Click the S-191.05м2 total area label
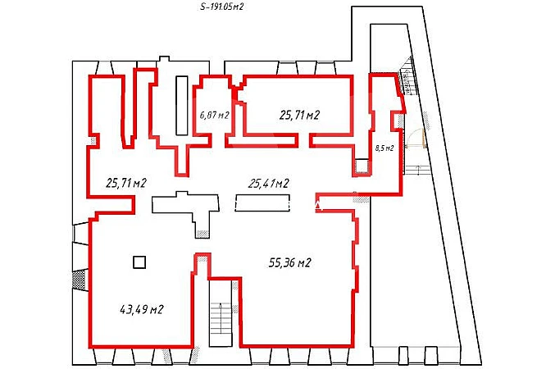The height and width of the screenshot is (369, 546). pyautogui.click(x=221, y=7)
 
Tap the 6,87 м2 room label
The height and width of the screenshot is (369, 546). pyautogui.click(x=215, y=115)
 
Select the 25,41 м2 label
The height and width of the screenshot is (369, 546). pyautogui.click(x=268, y=183)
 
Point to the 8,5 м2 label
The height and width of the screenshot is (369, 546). pyautogui.click(x=384, y=148)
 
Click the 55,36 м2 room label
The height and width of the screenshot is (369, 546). pyautogui.click(x=289, y=262)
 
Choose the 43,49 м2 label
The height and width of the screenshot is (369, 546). pyautogui.click(x=142, y=309)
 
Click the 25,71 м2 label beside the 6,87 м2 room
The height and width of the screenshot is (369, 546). pyautogui.click(x=299, y=115)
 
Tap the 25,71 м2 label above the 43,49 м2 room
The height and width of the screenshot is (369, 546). pyautogui.click(x=125, y=183)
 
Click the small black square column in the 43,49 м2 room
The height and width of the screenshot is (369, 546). pyautogui.click(x=139, y=262)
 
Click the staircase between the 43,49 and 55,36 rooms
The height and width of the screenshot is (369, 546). pyautogui.click(x=221, y=312)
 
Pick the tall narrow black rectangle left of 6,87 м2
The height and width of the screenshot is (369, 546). pyautogui.click(x=182, y=105)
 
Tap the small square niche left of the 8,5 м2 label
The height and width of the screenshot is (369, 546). pyautogui.click(x=362, y=166)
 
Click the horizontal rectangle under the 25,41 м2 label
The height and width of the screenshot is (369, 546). pyautogui.click(x=262, y=203)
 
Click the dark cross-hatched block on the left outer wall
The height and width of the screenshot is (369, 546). pyautogui.click(x=79, y=279)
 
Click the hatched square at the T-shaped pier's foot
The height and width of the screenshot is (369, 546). pyautogui.click(x=202, y=235)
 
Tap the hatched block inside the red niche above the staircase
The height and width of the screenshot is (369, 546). pyautogui.click(x=202, y=258)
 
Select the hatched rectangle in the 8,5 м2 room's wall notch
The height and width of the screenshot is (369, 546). pyautogui.click(x=400, y=121)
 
